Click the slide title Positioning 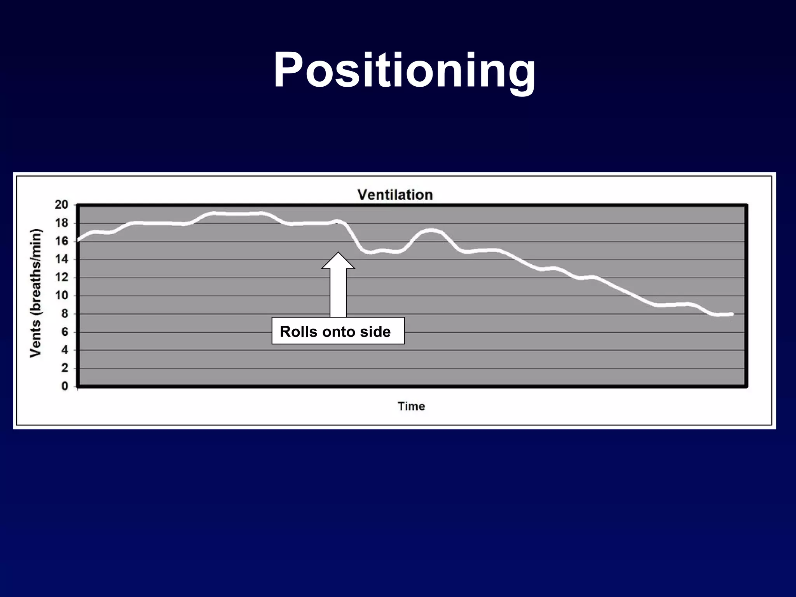[404, 71]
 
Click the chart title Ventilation [395, 195]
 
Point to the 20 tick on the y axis [61, 205]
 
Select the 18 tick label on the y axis [61, 223]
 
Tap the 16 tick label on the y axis [61, 241]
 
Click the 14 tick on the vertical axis [61, 259]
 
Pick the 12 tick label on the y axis [61, 278]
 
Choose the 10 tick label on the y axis [61, 295]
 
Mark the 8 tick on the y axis [65, 314]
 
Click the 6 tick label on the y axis [65, 332]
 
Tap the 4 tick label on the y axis [65, 350]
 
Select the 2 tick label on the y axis [65, 368]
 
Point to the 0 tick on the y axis [65, 386]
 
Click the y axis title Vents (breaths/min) [36, 293]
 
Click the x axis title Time [411, 406]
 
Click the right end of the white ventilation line [731, 314]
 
